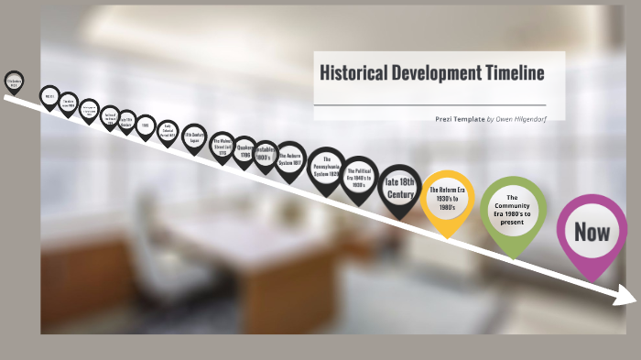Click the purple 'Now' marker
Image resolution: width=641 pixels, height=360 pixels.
pos(592,231)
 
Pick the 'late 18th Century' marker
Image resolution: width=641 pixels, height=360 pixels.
pos(399,187)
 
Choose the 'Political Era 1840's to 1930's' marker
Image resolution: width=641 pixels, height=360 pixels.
pos(359,177)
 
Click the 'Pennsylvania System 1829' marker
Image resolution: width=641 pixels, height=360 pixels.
pos(326,168)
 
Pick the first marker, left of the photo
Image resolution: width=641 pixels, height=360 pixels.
pos(14,82)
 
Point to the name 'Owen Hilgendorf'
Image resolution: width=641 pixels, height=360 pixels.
pos(522,119)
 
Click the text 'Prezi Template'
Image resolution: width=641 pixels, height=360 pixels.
pos(459,119)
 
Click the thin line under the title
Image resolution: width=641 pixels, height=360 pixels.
pos(429,105)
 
